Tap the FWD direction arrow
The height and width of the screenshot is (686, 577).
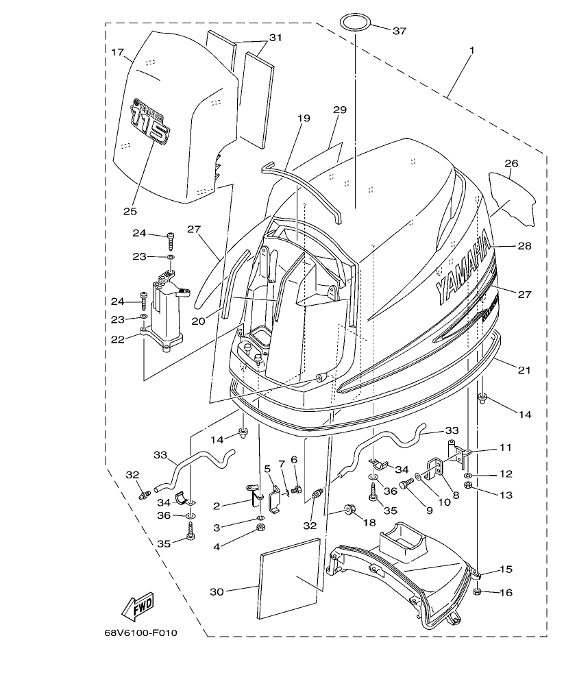[137, 607]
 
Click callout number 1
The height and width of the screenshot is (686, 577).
[471, 51]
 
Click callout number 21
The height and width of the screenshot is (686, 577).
[524, 370]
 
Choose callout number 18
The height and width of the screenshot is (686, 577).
[369, 522]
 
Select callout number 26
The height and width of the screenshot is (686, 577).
[511, 164]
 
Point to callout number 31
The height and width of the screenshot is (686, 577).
[275, 38]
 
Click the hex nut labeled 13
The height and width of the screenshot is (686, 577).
[468, 487]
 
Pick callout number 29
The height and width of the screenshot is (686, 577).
[340, 110]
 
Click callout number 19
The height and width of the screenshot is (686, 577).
[304, 119]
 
